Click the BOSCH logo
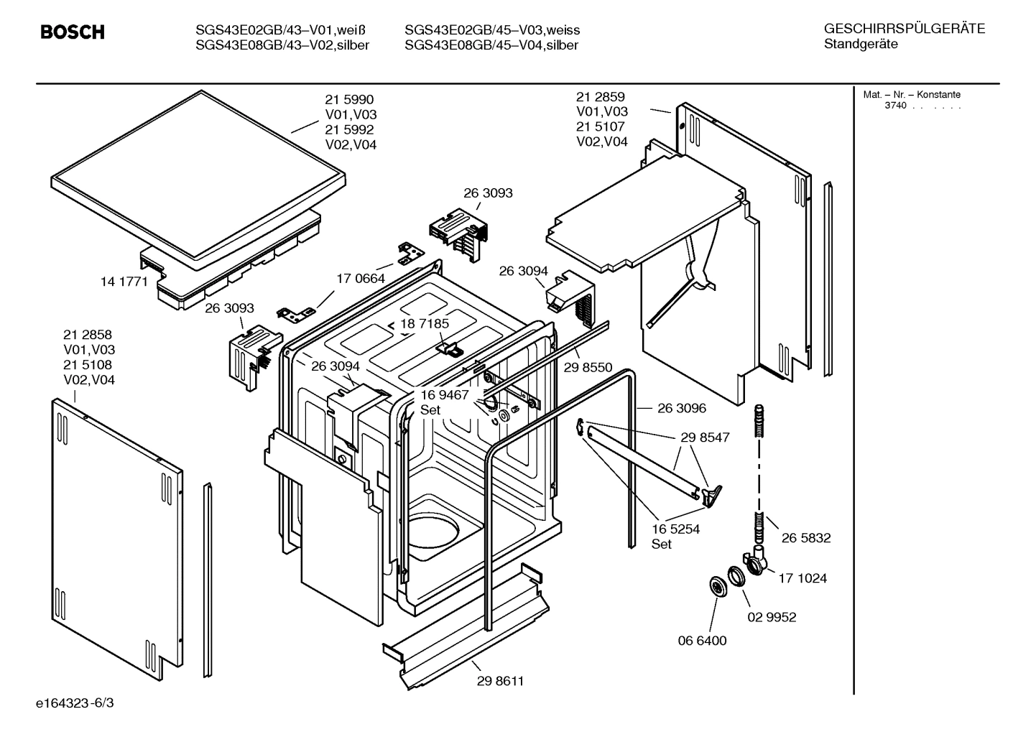(x=72, y=32)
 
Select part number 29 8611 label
(x=500, y=681)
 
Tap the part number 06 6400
(x=702, y=640)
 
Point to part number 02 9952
(x=771, y=617)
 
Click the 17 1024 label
(x=802, y=578)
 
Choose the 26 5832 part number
(x=805, y=537)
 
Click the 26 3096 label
(x=681, y=408)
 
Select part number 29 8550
(x=588, y=367)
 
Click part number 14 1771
(x=124, y=282)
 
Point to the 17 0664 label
(x=360, y=278)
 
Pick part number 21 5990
(x=349, y=99)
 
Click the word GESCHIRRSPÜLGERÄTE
(x=904, y=29)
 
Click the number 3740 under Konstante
(x=895, y=106)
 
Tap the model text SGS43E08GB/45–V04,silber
(x=491, y=45)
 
